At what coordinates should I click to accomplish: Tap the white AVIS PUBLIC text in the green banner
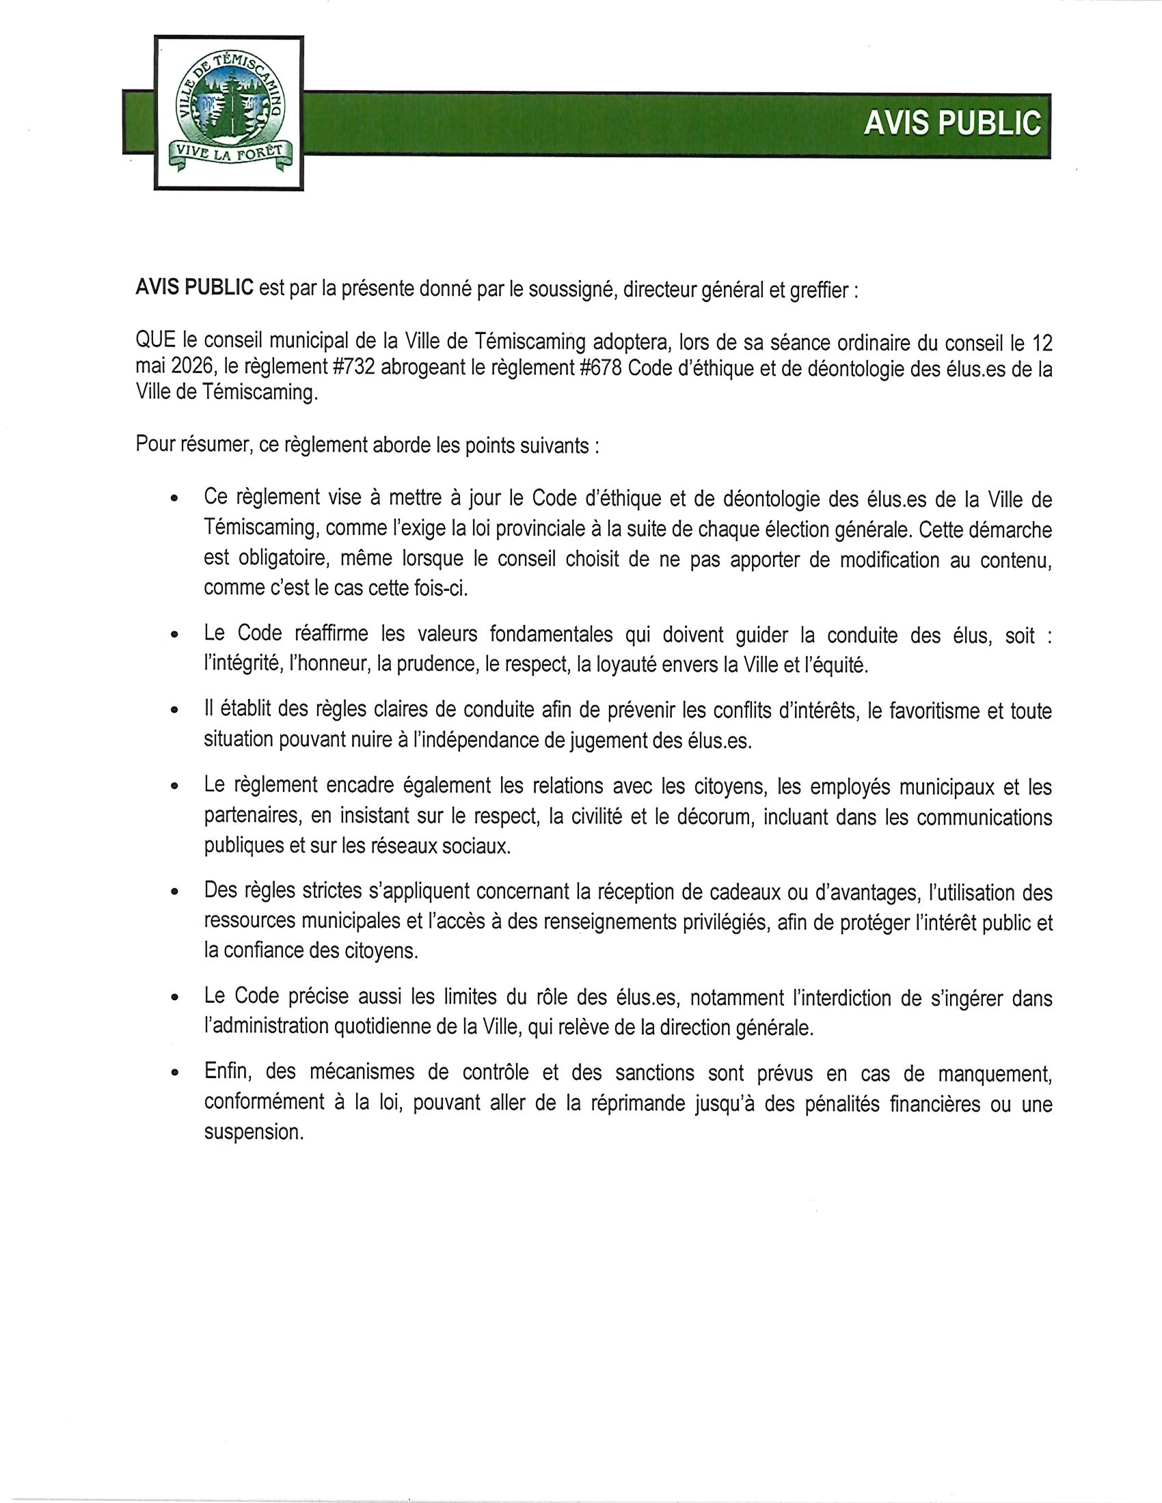(952, 124)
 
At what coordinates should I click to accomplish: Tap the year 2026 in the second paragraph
(191, 368)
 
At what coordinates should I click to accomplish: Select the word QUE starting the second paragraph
(156, 342)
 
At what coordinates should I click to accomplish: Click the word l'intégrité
(237, 665)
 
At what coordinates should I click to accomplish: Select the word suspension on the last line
(253, 1132)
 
